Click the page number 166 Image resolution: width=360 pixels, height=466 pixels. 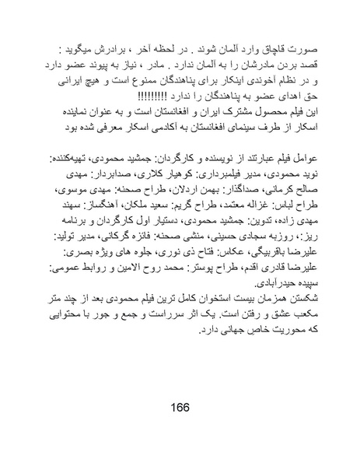180,408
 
